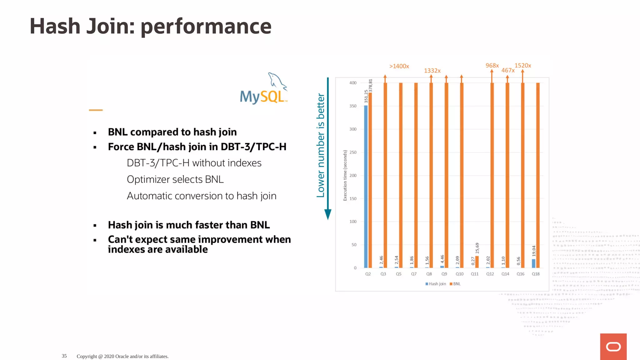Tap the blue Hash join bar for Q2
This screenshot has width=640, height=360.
pos(366,187)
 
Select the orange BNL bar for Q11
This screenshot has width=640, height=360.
pos(477,262)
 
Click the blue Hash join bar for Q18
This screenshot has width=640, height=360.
pos(533,263)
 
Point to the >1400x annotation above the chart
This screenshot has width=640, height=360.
pos(399,66)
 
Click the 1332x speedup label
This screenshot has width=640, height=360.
pos(432,71)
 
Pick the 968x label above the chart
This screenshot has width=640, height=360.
pos(492,66)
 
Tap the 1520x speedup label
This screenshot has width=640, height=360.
pos(523,66)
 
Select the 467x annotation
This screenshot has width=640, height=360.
pos(508,71)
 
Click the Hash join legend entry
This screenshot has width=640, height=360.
pos(436,284)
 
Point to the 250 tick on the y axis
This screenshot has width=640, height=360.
pos(353,152)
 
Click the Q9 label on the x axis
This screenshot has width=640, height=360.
pos(444,274)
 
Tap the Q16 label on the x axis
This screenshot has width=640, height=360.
pos(520,274)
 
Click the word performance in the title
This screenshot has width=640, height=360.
pos(206,27)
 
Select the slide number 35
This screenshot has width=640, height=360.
pos(64,356)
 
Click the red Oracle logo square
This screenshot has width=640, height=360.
pos(613,347)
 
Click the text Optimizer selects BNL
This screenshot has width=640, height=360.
pos(175,179)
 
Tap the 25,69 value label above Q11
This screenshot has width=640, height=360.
pos(477,248)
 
